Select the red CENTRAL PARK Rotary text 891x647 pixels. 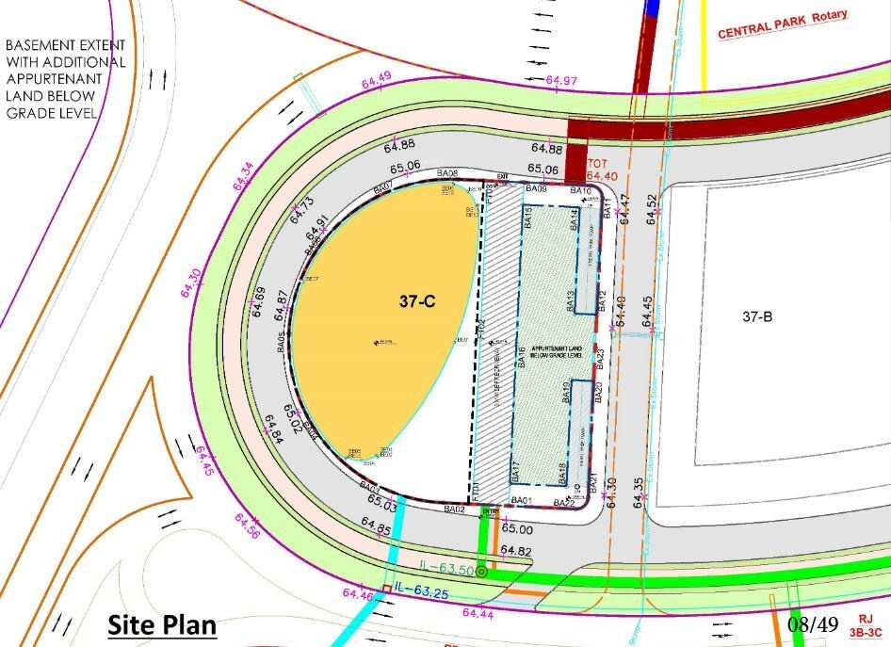point(783,24)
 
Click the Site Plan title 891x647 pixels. point(161,623)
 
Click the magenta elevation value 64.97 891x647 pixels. point(561,81)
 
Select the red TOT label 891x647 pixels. point(599,162)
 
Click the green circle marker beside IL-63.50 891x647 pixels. point(481,572)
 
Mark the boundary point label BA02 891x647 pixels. point(455,510)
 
